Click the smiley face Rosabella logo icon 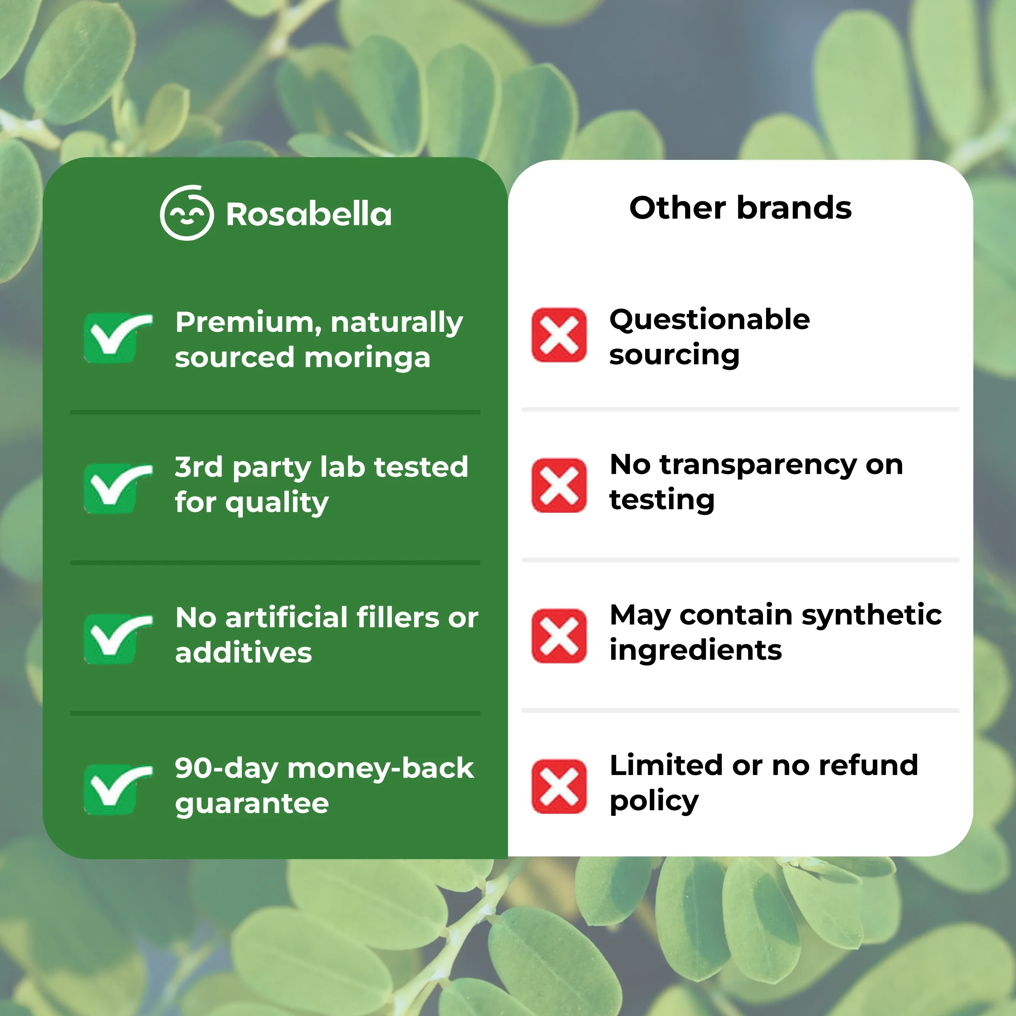tap(187, 213)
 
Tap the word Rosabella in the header tap(309, 215)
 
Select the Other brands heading tap(740, 208)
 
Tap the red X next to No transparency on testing tap(558, 485)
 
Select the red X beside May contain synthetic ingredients tap(558, 636)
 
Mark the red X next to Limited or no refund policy tap(558, 786)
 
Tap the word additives tap(244, 653)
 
